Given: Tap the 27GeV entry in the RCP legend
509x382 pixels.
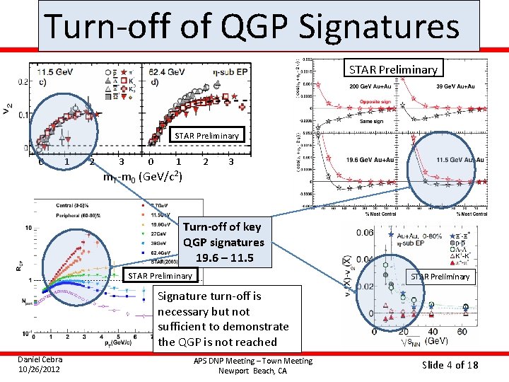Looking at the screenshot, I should click(x=157, y=231).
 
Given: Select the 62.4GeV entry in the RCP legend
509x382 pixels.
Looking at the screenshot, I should click(x=158, y=251).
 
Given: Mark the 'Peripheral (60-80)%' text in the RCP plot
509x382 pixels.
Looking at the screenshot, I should click(x=80, y=214).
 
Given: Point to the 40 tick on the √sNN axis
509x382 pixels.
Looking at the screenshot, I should click(x=432, y=331).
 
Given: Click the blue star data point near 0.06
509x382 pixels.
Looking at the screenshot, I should click(x=391, y=234).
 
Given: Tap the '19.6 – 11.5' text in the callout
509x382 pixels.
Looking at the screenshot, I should click(x=223, y=257).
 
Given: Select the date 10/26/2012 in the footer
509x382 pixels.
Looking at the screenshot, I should click(x=39, y=370).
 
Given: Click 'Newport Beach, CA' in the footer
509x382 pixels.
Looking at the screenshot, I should click(x=253, y=371).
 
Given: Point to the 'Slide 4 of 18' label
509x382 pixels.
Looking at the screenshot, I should click(x=450, y=365).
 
